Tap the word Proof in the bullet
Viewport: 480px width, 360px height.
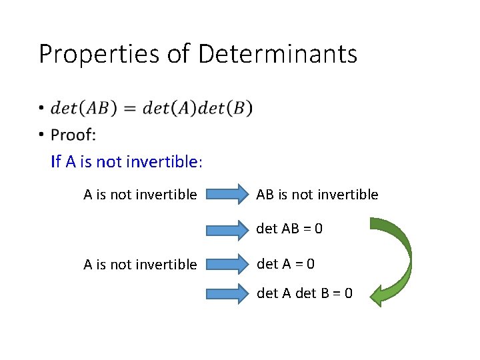[72, 135]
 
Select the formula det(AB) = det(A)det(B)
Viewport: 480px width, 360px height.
[152, 108]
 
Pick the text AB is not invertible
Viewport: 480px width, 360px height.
[317, 195]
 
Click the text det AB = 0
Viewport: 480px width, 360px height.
[290, 229]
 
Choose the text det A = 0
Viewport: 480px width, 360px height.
[286, 263]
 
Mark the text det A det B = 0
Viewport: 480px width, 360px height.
[305, 293]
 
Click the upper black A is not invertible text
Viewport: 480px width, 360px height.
[140, 195]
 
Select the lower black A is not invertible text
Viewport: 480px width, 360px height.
[140, 265]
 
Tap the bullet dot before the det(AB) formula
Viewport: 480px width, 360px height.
[41, 108]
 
